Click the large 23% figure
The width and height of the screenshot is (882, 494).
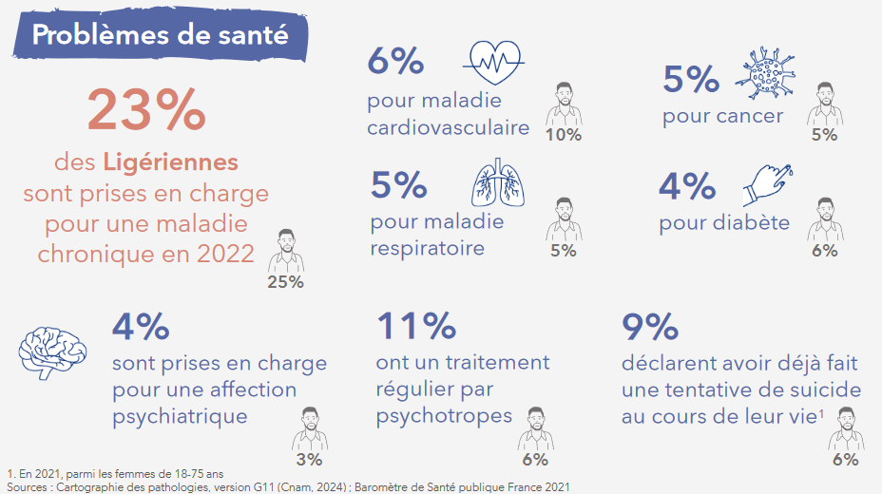pyautogui.click(x=145, y=110)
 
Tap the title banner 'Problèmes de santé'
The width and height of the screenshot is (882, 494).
pyautogui.click(x=160, y=34)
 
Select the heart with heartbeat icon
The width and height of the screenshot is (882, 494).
pyautogui.click(x=493, y=64)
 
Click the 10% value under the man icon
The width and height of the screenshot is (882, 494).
pyautogui.click(x=564, y=134)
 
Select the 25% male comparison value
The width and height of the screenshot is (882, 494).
pyautogui.click(x=285, y=281)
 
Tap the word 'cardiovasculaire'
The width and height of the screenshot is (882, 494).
pyautogui.click(x=448, y=127)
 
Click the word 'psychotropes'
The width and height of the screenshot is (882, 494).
pyautogui.click(x=444, y=416)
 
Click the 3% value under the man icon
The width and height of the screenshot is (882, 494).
pyautogui.click(x=309, y=460)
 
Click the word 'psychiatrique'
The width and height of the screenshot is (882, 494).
pyautogui.click(x=180, y=416)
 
